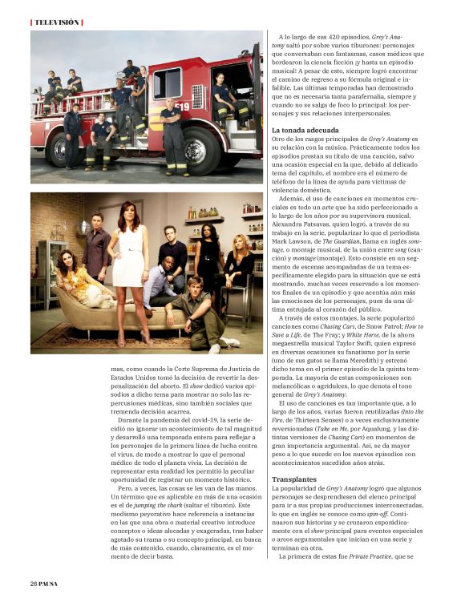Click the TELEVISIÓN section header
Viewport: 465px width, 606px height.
56,22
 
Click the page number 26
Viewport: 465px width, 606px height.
34,583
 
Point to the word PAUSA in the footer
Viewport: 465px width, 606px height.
50,583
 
